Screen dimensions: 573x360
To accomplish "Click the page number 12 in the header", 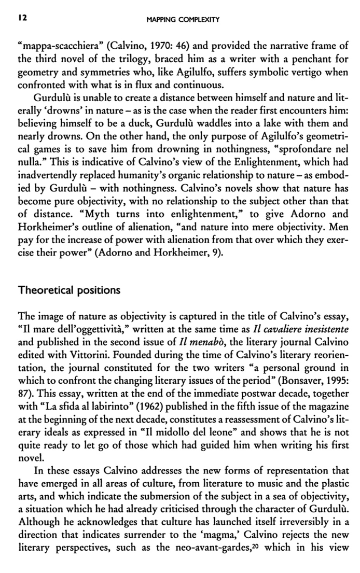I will point(21,20).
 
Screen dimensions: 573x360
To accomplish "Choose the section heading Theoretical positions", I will point(69,290).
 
